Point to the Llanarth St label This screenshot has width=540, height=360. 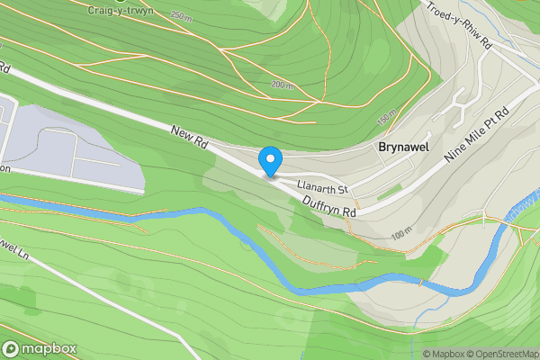pyautogui.click(x=322, y=187)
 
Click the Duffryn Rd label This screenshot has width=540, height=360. pyautogui.click(x=328, y=206)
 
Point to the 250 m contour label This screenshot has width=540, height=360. pyautogui.click(x=180, y=17)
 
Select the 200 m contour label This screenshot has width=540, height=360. pyautogui.click(x=281, y=85)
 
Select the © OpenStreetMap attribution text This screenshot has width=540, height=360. pyautogui.click(x=500, y=354)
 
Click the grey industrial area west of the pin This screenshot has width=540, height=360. pyautogui.click(x=72, y=144)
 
